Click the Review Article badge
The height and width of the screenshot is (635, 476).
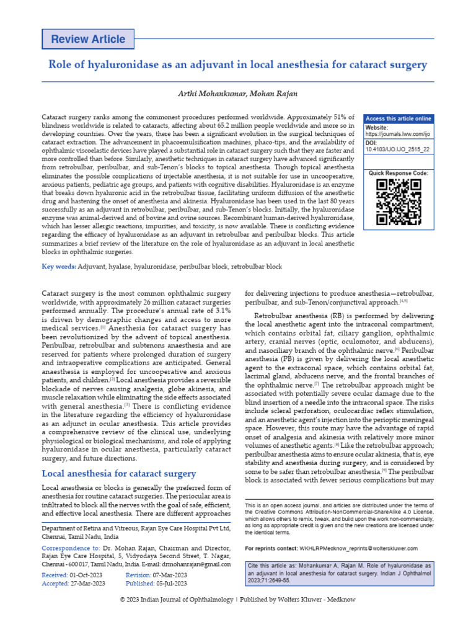click(87, 39)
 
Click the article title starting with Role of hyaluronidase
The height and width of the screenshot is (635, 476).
click(238, 64)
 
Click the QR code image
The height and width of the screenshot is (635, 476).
click(398, 202)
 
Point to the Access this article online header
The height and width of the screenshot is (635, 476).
click(398, 119)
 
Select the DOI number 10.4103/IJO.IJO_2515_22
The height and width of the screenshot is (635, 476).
click(397, 149)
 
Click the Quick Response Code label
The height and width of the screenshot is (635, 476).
click(398, 173)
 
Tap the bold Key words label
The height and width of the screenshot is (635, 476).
click(59, 267)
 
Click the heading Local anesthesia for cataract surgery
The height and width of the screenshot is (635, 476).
click(118, 474)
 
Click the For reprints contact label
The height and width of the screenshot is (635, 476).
click(271, 548)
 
